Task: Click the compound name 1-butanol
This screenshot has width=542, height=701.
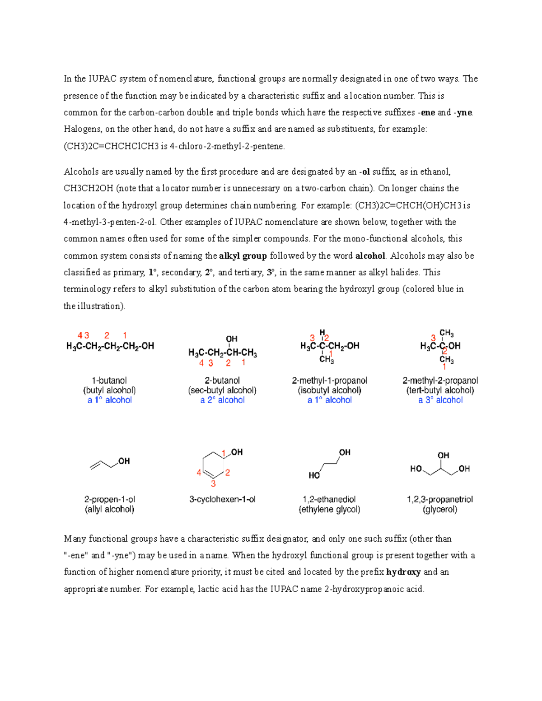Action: point(109,381)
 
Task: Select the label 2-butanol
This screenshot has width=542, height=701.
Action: point(222,381)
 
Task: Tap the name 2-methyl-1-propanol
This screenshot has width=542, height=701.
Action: point(329,381)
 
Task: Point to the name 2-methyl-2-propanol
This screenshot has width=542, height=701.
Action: point(440,381)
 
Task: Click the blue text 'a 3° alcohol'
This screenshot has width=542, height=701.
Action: point(440,400)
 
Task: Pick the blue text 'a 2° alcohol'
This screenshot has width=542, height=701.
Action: point(222,400)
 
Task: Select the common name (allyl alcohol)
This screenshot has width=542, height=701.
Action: point(109,510)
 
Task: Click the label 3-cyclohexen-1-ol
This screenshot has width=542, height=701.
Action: point(222,500)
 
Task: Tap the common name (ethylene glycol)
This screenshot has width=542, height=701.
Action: point(329,510)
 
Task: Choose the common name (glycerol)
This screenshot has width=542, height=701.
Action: point(440,510)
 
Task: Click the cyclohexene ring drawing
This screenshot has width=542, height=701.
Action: point(213,465)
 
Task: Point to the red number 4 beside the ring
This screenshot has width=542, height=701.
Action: point(199,473)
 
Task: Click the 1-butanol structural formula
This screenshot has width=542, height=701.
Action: point(110,346)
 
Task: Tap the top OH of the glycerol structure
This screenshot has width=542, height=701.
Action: point(443,455)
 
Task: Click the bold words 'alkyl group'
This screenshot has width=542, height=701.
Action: point(243,256)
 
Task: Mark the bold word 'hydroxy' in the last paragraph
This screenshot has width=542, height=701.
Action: point(403,572)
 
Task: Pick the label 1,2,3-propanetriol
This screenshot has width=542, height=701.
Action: point(440,500)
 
